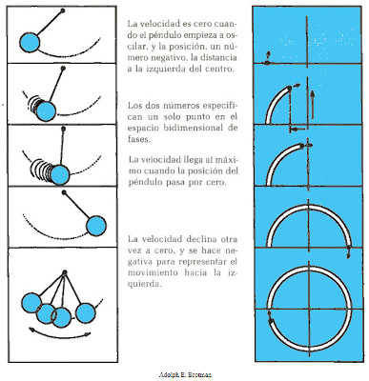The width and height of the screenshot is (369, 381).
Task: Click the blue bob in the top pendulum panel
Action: point(30,42)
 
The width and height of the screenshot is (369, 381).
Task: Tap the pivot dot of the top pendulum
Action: point(63,10)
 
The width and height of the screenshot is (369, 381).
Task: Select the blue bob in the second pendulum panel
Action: point(46,111)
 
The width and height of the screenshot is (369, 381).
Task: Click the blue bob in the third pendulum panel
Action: point(60,175)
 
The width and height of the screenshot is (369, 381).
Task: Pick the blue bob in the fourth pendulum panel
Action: point(96,226)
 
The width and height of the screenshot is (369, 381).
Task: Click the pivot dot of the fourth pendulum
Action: point(64,192)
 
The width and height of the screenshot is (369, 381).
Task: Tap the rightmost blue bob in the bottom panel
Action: point(86,313)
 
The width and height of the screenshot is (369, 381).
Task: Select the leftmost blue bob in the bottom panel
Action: point(31,304)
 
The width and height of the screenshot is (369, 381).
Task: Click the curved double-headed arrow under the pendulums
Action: point(59,335)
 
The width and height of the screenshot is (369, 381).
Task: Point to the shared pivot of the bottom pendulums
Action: point(65,272)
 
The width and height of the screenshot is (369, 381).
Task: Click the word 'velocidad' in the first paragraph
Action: point(159,24)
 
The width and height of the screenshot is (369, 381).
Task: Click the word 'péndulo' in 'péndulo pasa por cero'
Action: point(143,183)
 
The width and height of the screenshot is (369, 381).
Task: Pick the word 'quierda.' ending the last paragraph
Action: point(145,284)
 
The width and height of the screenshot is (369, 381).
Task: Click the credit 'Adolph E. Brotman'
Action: point(185,374)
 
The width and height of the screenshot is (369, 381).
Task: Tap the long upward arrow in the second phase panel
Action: point(313,105)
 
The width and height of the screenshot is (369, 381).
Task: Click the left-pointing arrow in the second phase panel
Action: point(297,129)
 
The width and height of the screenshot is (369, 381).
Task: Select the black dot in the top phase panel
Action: point(268,63)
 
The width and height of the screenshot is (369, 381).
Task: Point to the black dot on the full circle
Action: point(271,321)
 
